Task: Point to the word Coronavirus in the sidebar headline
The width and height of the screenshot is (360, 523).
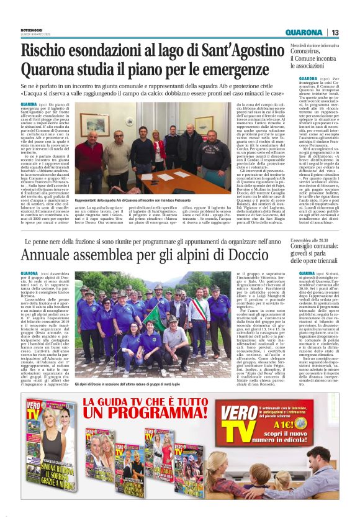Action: click(312, 53)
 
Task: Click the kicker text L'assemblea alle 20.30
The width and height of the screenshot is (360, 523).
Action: click(310, 240)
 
